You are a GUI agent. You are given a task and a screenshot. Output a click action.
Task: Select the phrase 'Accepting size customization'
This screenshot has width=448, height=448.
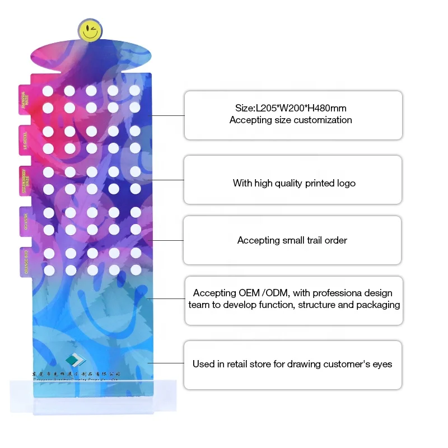[x=291, y=120]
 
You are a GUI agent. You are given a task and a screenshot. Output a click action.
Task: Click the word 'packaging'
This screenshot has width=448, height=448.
[x=375, y=305]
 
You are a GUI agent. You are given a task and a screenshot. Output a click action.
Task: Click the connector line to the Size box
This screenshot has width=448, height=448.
[x=168, y=115]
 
